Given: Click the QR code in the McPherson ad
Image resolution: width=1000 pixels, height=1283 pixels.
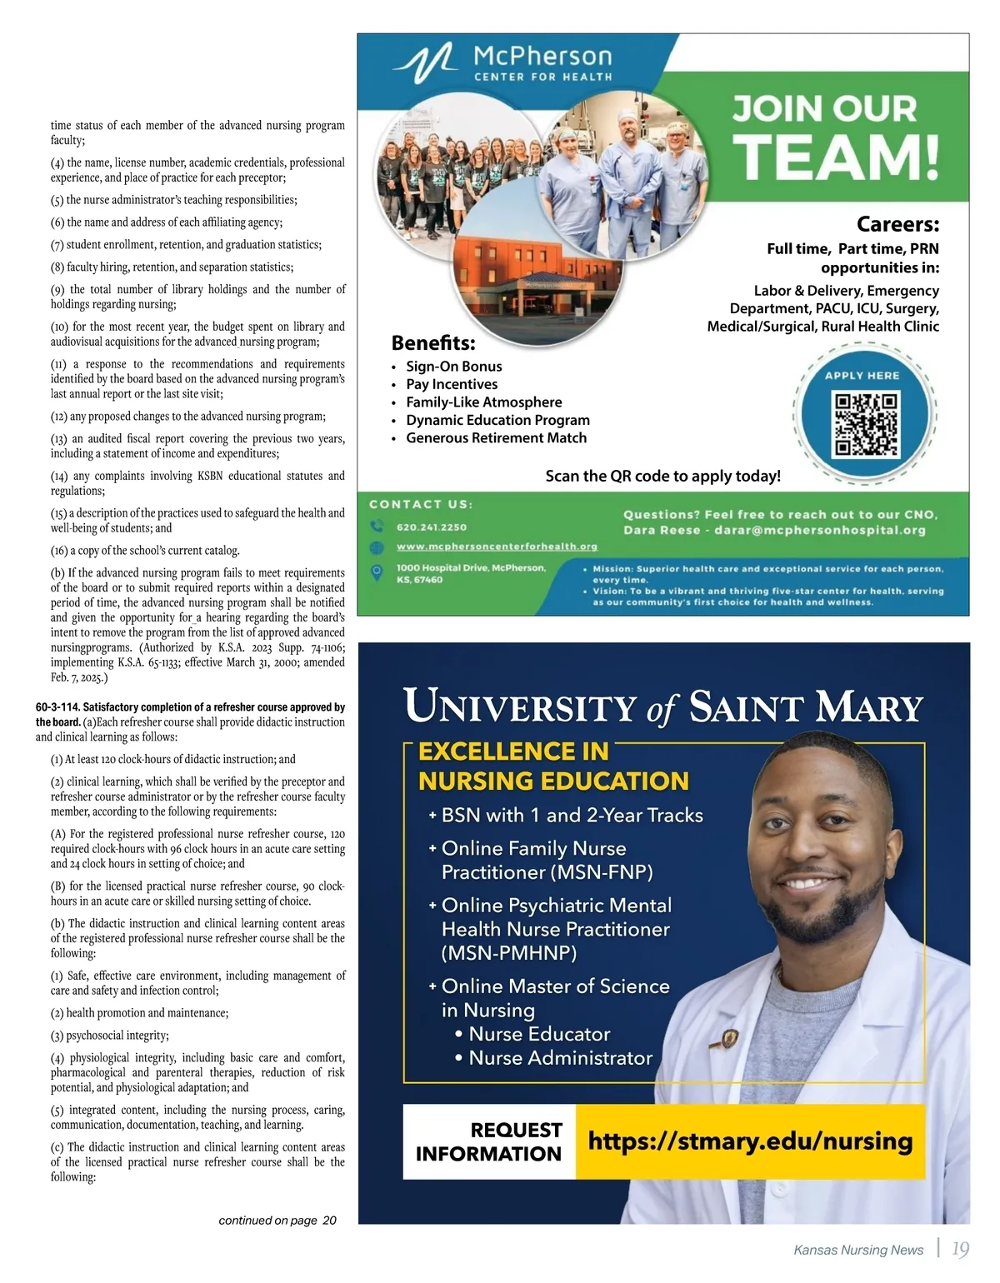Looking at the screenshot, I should pos(867,424).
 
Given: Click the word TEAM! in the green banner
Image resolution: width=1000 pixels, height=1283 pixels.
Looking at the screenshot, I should pos(836,157).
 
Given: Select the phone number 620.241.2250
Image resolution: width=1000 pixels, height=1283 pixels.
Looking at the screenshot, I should pos(432,527).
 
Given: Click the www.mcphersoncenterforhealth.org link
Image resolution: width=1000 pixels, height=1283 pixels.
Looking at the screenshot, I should pos(497,547).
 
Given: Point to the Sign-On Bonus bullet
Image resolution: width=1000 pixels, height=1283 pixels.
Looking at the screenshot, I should pos(453,367).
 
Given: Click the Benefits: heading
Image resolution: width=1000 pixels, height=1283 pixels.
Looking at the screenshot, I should pos(433,343).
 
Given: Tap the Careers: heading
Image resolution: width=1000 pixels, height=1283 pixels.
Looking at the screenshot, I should pos(897,224).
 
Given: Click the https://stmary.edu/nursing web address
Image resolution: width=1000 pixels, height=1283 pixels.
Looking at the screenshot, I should pos(750,1141).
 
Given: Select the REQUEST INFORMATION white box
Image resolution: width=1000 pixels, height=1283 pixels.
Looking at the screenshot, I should pos(489,1141).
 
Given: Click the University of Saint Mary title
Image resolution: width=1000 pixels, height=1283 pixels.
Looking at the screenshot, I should pos(663,706).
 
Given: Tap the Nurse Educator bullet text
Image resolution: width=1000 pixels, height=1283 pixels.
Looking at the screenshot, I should pos(539,1034).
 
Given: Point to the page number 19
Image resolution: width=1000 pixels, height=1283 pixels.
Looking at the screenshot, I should pos(960,1249).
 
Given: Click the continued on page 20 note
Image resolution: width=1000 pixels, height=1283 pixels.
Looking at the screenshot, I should pos(277,1221).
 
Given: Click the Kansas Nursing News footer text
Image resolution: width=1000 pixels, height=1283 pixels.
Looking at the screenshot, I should pos(858,1250).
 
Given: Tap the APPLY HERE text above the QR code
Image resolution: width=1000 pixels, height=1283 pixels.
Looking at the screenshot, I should pos(862,376).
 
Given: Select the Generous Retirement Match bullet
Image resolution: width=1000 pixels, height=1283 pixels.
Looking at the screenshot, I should pos(496,438).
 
